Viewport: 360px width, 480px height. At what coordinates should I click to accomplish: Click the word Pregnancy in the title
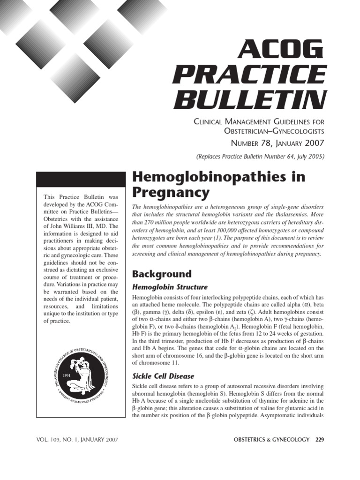[171, 192]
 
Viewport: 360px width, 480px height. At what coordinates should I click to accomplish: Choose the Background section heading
[162, 274]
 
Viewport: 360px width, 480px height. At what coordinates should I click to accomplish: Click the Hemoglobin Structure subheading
[170, 287]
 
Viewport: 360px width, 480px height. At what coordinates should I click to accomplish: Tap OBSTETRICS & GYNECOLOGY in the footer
[271, 440]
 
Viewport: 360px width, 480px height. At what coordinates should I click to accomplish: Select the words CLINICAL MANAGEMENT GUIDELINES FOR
[259, 122]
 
